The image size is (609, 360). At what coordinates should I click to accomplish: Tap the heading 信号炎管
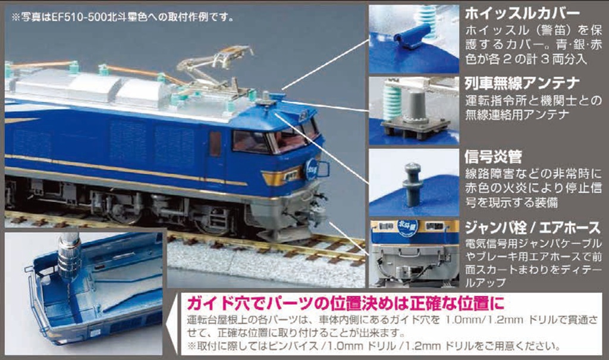[x=493, y=156]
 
